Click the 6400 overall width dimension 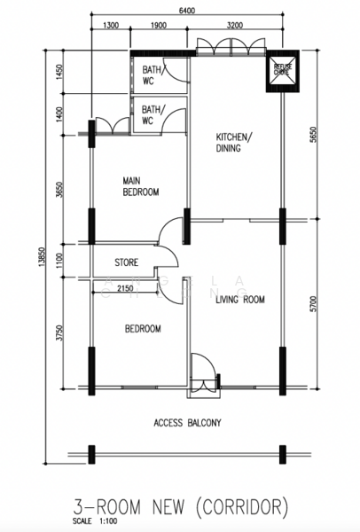[187, 12]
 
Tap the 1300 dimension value [111, 26]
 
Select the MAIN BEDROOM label [141, 186]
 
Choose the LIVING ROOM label [240, 300]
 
